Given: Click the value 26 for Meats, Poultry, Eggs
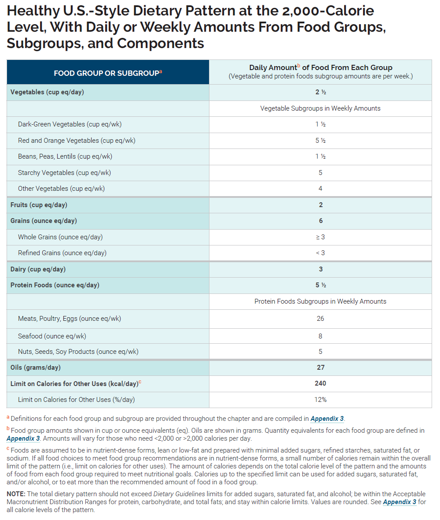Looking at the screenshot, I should point(320,319).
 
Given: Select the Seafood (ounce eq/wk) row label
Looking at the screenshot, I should point(52,336).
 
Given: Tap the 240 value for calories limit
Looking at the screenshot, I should point(320,383).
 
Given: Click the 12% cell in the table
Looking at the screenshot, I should point(320,400).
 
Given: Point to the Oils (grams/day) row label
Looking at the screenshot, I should point(36,368).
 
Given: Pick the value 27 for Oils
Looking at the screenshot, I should point(320,368).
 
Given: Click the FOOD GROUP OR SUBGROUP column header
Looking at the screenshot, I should point(108,73).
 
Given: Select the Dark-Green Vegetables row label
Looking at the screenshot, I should point(70,124).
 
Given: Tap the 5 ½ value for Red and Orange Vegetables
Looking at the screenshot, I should point(320,141).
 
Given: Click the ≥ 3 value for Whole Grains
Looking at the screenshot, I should point(320,237).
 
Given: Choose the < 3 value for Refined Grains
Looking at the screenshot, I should point(320,253).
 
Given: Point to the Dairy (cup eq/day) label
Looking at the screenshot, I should point(38,269).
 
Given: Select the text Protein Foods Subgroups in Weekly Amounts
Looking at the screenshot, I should point(320,301).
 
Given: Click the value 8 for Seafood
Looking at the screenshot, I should point(320,336).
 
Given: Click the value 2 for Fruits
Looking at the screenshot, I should point(321,205).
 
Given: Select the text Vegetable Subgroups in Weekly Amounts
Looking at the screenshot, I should point(320,108).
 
